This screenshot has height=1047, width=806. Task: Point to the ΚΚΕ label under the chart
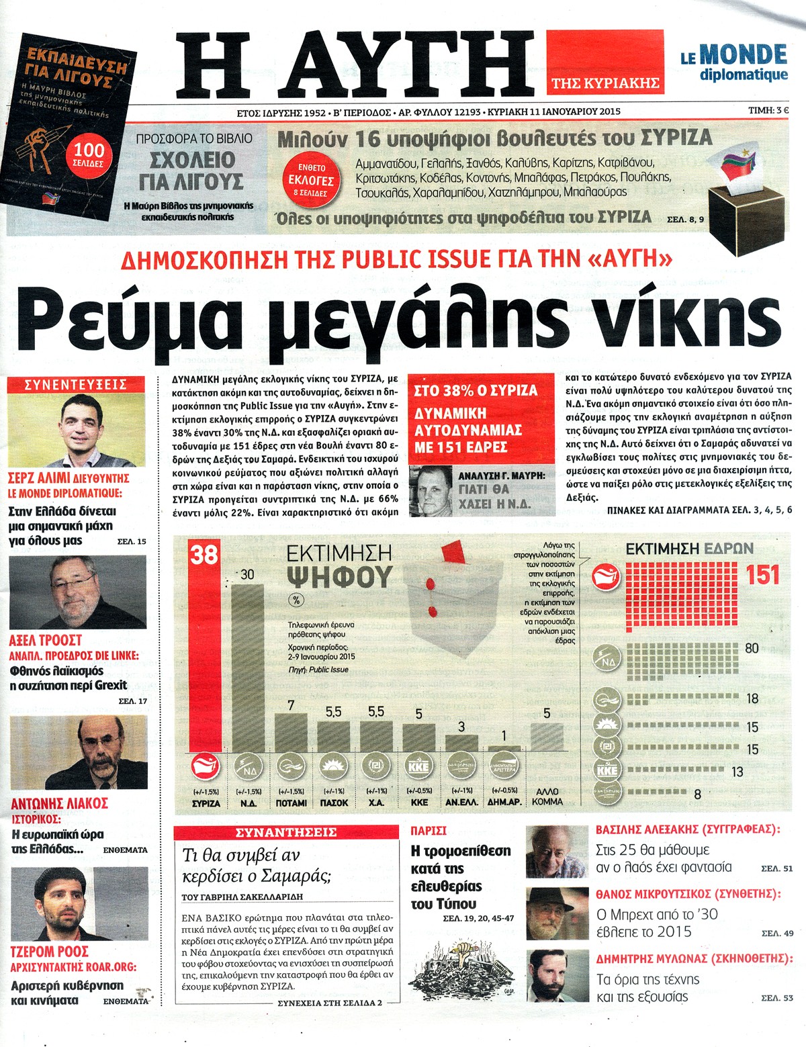click(x=419, y=802)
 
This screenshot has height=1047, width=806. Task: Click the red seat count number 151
click(x=762, y=575)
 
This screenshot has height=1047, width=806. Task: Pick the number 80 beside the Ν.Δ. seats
click(x=752, y=648)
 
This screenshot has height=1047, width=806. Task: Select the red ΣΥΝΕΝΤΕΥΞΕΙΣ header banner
click(x=76, y=385)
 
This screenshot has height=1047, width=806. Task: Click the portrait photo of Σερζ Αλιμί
click(x=76, y=430)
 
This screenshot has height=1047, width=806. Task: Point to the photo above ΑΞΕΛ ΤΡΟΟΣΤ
click(x=77, y=592)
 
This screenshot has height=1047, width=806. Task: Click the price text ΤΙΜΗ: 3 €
click(x=768, y=111)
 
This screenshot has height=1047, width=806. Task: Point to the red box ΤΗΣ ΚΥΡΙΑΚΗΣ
click(x=605, y=83)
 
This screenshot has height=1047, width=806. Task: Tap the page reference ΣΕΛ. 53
click(x=777, y=999)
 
